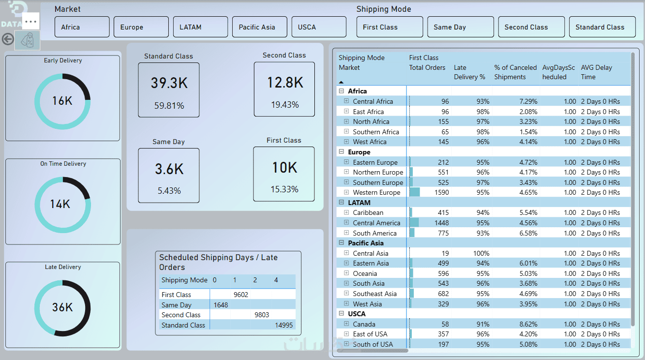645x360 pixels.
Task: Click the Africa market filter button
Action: [82, 27]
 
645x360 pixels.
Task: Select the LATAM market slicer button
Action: [200, 27]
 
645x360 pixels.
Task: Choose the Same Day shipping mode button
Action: [460, 27]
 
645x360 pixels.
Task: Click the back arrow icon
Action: [7, 39]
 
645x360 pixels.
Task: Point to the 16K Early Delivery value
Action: [62, 101]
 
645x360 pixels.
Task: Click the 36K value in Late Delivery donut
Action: [62, 307]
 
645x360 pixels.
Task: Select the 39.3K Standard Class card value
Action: [169, 83]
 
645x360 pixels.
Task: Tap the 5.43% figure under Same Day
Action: [169, 190]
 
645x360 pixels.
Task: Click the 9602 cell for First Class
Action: [241, 295]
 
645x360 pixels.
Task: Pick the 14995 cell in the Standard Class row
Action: [284, 325]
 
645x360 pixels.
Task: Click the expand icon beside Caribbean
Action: [346, 212]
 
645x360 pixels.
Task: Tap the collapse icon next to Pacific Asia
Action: [341, 243]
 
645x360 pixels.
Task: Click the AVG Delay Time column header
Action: [596, 72]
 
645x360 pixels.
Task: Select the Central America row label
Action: [376, 223]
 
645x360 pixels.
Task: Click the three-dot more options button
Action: [31, 22]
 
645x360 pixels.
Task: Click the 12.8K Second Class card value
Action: [285, 83]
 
